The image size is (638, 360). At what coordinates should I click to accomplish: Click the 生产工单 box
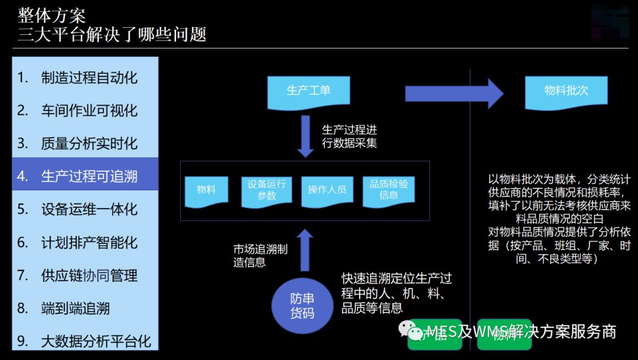pyautogui.click(x=308, y=91)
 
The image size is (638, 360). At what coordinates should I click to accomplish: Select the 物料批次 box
pyautogui.click(x=566, y=92)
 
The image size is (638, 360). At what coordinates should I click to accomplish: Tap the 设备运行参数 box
pyautogui.click(x=267, y=190)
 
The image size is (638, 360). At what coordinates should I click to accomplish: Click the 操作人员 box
pyautogui.click(x=327, y=190)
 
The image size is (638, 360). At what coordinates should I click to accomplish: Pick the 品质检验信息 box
pyautogui.click(x=389, y=190)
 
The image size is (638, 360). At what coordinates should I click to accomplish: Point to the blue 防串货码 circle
pyautogui.click(x=302, y=306)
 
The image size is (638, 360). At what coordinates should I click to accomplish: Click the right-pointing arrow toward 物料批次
pyautogui.click(x=454, y=93)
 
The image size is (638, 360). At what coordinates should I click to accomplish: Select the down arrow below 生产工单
pyautogui.click(x=305, y=136)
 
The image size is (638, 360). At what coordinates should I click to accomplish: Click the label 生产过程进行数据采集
pyautogui.click(x=349, y=136)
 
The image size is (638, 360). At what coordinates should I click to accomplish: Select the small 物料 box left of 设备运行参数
pyautogui.click(x=206, y=190)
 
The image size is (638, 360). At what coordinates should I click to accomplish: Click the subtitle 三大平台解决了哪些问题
pyautogui.click(x=112, y=34)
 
